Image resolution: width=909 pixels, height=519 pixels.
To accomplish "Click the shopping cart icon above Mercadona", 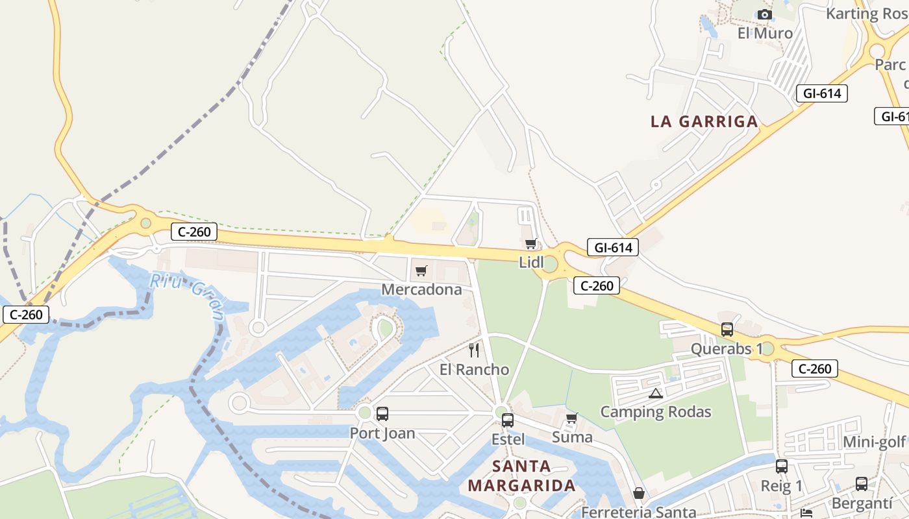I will click(421, 271).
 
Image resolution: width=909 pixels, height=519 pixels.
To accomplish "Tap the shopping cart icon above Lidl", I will click(531, 244).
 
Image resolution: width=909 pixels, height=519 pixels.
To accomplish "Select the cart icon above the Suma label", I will click(572, 418).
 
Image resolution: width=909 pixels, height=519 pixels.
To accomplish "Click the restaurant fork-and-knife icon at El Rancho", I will click(474, 350).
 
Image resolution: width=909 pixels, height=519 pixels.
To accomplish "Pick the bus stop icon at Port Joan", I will click(382, 414).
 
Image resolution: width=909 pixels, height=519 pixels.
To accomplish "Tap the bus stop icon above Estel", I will click(508, 420).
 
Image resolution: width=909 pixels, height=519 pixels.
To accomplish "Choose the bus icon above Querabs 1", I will click(727, 330).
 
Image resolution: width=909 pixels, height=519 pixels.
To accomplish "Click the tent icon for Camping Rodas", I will click(655, 393).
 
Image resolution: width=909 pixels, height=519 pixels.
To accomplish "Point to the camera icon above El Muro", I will click(765, 14).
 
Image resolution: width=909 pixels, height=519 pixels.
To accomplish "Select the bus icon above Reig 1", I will click(782, 466).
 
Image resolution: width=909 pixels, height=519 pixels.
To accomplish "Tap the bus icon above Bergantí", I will click(862, 484).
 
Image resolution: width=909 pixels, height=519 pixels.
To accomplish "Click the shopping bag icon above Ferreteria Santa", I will click(639, 494).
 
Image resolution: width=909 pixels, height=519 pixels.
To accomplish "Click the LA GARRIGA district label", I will click(704, 121).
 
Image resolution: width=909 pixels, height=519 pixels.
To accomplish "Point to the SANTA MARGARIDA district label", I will click(521, 476).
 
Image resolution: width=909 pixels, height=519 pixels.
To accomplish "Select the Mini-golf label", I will click(874, 442).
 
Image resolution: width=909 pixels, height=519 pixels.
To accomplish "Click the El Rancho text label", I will click(474, 370).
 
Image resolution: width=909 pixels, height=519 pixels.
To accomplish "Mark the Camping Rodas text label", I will click(656, 412).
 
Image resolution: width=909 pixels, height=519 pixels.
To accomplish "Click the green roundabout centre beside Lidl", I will click(549, 264).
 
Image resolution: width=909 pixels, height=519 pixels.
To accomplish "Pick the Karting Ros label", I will click(867, 13).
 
